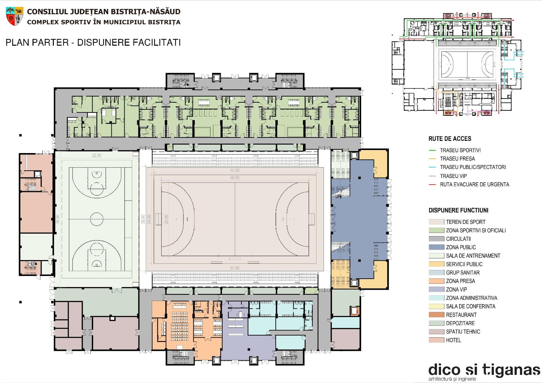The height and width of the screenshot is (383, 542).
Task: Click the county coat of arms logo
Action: pos(15,16)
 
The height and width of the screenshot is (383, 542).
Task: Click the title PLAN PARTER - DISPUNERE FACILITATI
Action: pos(93,43)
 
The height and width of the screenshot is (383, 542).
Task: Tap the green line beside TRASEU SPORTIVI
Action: pos(432,150)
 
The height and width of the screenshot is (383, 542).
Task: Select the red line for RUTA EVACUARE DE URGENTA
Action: pos(432,185)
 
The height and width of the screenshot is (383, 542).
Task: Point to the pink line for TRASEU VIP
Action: pos(432,176)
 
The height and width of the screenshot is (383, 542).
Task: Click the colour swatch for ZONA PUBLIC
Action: pos(437,247)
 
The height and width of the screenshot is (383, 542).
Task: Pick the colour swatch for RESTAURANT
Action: pos(437,315)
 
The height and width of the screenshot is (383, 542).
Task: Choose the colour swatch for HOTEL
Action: pos(437,340)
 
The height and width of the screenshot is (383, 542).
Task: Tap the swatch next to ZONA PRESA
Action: pos(437,281)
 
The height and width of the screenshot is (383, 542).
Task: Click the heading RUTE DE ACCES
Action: pos(450,139)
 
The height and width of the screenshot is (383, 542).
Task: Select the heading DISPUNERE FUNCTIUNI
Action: pos(458,210)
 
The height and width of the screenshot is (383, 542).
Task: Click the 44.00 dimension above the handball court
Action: pos(235,170)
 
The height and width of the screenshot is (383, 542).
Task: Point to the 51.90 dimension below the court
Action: pos(235,268)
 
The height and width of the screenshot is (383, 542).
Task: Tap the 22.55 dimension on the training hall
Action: pos(97,155)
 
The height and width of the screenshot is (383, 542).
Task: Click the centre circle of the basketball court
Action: pos(97,219)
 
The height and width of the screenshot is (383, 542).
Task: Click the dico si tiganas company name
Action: pos(484,370)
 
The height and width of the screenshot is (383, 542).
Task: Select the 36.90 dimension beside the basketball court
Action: pos(58,219)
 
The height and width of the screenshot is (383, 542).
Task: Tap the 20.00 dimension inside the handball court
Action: pos(166,219)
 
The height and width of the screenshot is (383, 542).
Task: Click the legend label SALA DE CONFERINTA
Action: pos(471,306)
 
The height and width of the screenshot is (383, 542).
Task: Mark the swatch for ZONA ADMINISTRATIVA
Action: pos(437,298)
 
